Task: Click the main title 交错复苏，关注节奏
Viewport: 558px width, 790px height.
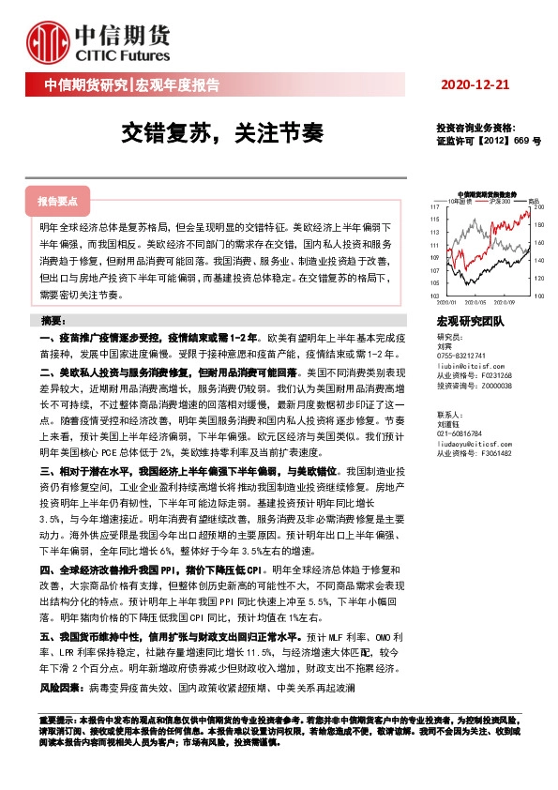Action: (221, 132)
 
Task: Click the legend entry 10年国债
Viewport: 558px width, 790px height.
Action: (458, 201)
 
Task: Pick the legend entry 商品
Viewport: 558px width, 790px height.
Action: (533, 201)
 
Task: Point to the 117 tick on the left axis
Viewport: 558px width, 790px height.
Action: (434, 206)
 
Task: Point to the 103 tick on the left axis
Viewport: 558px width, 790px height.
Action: (434, 295)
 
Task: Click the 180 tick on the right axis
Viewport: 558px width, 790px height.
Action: (538, 225)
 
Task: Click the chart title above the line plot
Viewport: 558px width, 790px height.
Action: (488, 193)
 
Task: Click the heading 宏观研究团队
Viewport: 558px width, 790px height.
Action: (471, 322)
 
